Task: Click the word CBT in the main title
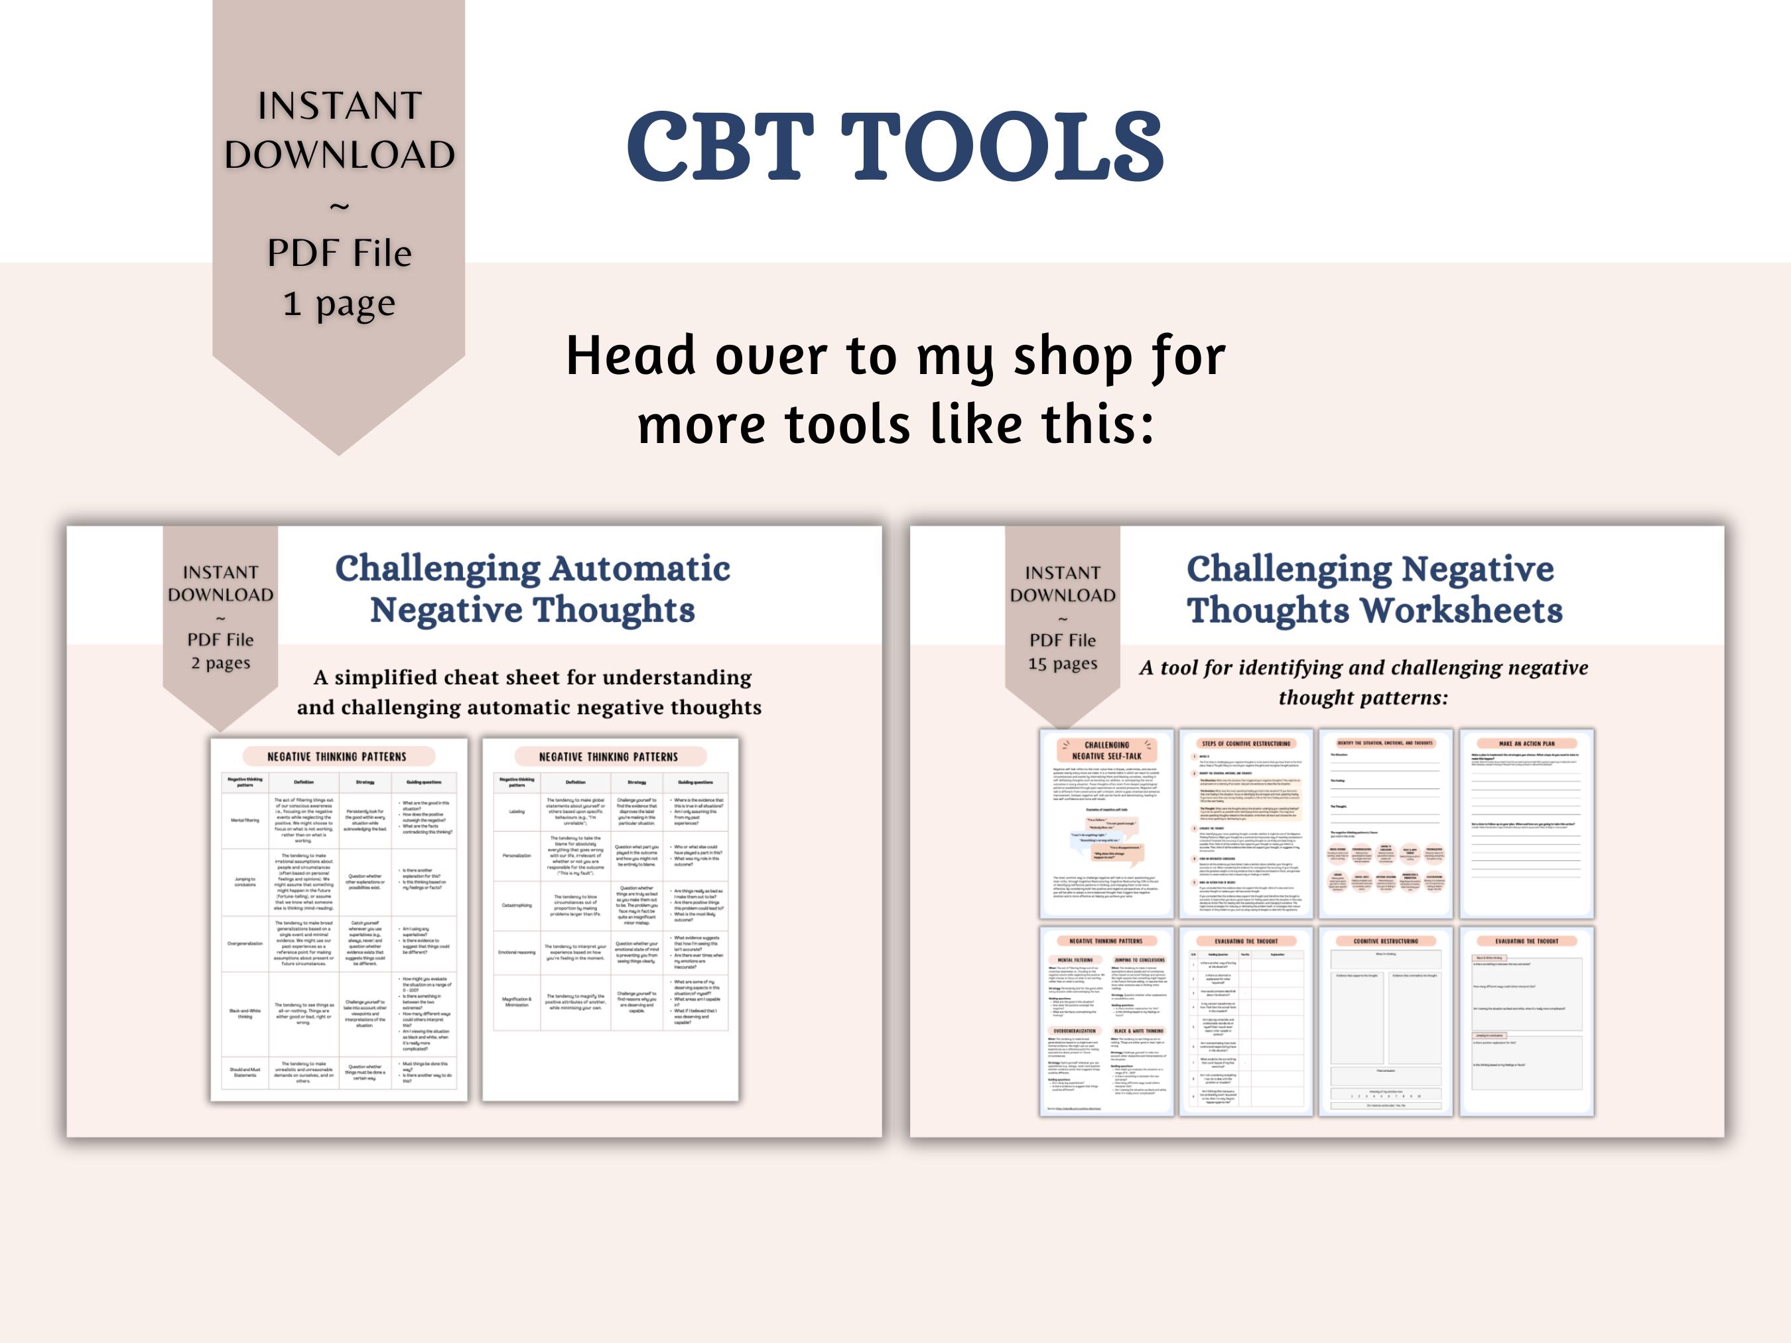(720, 147)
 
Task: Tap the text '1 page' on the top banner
(338, 304)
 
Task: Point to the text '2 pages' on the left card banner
(220, 663)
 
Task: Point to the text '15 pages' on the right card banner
(1062, 664)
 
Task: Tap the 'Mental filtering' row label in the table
(245, 820)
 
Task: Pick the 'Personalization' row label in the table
(517, 856)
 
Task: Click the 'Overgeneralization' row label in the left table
(245, 943)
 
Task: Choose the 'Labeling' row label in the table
(517, 811)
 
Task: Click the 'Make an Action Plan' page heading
(1526, 743)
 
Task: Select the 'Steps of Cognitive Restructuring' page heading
(1246, 743)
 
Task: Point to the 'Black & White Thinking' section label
(1138, 1031)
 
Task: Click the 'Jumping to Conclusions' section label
(1138, 960)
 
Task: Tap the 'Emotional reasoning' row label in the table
(517, 952)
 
